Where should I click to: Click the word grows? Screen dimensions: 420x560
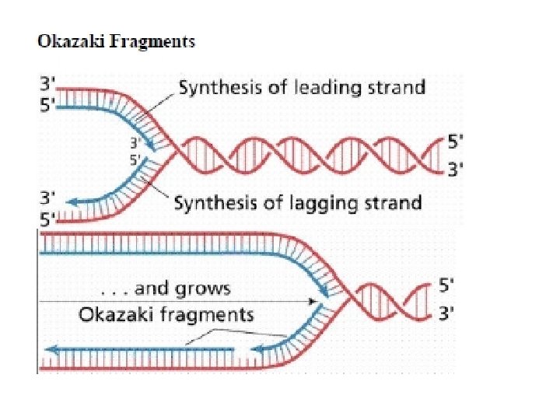pos(205,289)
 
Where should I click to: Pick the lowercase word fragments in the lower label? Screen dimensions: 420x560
pos(205,314)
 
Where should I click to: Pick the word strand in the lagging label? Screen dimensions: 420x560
pos(394,203)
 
